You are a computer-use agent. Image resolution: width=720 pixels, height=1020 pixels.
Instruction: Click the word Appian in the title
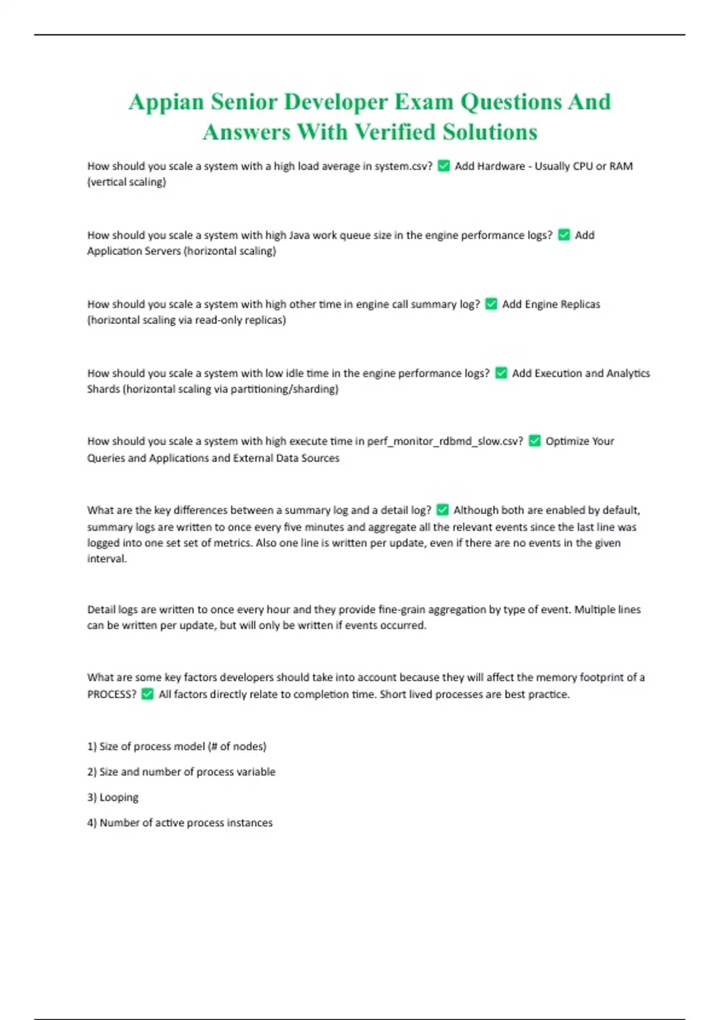pyautogui.click(x=166, y=102)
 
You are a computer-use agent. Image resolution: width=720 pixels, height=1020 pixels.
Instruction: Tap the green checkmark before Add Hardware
pyautogui.click(x=444, y=166)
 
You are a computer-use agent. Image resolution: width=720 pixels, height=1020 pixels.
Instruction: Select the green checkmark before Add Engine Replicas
pyautogui.click(x=491, y=304)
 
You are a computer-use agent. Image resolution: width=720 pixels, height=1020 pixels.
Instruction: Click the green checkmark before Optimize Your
pyautogui.click(x=535, y=442)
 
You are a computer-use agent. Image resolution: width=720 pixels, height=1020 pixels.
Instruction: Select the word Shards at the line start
pyautogui.click(x=103, y=389)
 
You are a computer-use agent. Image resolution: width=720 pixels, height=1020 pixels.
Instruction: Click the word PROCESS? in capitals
pyautogui.click(x=112, y=694)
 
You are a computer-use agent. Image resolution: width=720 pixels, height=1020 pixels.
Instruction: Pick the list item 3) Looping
pyautogui.click(x=113, y=797)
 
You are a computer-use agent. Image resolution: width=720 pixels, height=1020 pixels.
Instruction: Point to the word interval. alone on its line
pyautogui.click(x=107, y=559)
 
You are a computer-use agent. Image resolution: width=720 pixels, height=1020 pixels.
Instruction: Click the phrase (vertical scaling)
pyautogui.click(x=127, y=182)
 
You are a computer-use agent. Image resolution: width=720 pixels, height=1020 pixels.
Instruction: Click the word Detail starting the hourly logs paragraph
pyautogui.click(x=101, y=610)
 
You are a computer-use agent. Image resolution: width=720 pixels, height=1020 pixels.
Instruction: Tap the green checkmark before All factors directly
pyautogui.click(x=148, y=694)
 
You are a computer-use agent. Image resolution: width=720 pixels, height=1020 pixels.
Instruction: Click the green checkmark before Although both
pyautogui.click(x=442, y=510)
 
